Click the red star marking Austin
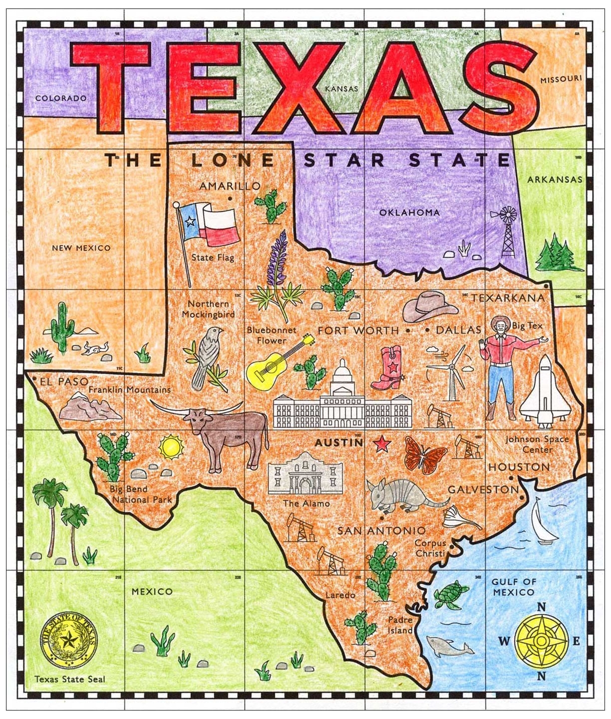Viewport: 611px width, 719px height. click(383, 443)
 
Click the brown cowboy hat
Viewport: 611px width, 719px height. click(429, 306)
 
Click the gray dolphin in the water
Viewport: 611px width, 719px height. click(449, 647)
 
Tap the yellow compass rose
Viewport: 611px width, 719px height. click(541, 641)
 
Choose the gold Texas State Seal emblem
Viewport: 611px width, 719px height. click(69, 641)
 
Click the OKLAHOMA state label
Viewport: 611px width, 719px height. click(409, 213)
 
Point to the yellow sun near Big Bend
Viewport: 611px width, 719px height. click(171, 447)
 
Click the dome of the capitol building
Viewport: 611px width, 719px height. click(342, 374)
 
